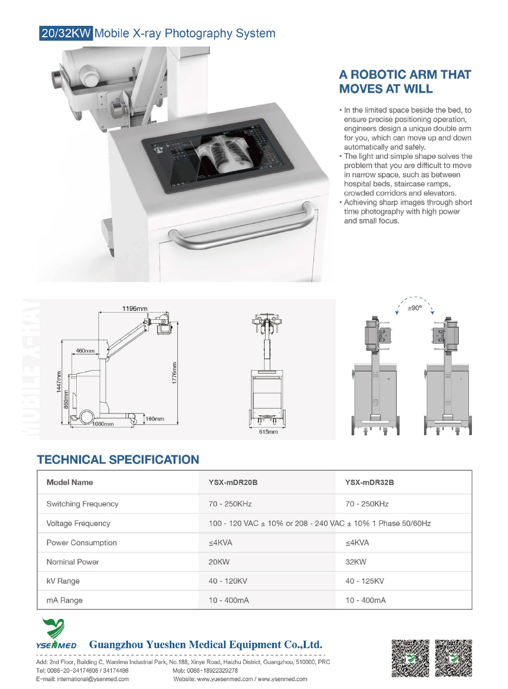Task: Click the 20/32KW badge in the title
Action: (66, 34)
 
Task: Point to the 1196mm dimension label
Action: (135, 308)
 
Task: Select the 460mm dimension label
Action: (85, 351)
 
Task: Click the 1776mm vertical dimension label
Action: (174, 373)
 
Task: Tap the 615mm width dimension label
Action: (268, 432)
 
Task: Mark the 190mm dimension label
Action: (155, 419)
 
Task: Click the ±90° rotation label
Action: (415, 308)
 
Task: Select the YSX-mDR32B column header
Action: (369, 482)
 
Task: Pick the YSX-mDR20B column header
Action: (233, 482)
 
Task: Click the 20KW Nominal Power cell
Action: (219, 562)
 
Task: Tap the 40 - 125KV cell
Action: (365, 581)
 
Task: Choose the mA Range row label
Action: (65, 600)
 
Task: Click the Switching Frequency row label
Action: (82, 504)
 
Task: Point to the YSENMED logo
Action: (55, 634)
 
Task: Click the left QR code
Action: (410, 658)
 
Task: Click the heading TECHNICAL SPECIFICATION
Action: (118, 460)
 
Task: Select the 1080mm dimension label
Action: (103, 424)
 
